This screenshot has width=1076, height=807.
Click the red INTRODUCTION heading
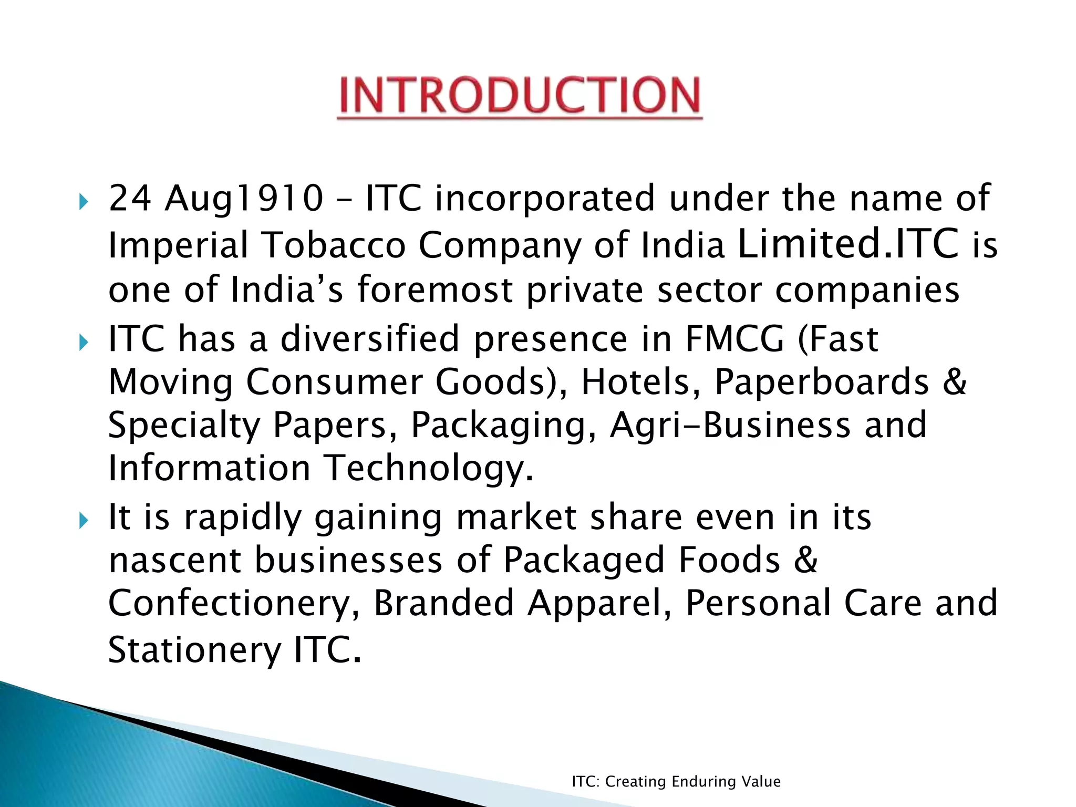[x=520, y=95]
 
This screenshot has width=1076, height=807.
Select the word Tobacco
[x=334, y=245]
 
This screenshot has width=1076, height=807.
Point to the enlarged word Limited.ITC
[x=848, y=243]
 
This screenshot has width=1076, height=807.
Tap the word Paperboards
[x=821, y=382]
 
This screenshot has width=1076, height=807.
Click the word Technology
[x=428, y=468]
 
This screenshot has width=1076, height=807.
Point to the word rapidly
[x=243, y=518]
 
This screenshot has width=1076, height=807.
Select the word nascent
[x=174, y=560]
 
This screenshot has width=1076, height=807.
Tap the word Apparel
[x=599, y=603]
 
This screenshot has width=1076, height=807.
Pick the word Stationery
[x=195, y=650]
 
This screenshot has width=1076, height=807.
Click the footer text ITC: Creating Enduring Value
[x=676, y=782]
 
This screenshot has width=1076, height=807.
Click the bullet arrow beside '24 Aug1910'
[x=84, y=201]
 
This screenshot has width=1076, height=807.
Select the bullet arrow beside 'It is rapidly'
[x=84, y=521]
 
